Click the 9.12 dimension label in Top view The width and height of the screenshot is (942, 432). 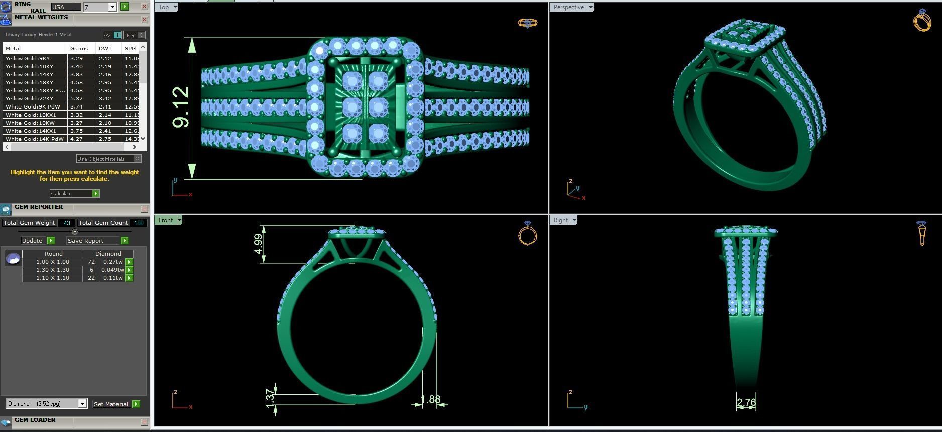tap(181, 107)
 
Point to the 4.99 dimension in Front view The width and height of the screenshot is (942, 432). tap(258, 244)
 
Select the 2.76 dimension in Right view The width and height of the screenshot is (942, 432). tap(746, 402)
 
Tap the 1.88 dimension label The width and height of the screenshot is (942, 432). tap(430, 400)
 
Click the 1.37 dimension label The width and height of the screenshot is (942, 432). tap(270, 397)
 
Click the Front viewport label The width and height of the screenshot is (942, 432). tap(165, 220)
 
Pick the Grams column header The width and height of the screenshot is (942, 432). tap(79, 48)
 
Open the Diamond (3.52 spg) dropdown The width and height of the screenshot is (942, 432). tap(47, 404)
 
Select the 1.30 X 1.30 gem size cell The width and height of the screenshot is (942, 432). tap(52, 270)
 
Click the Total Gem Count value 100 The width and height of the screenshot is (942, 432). tap(139, 223)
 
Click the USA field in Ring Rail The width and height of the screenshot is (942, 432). tap(65, 7)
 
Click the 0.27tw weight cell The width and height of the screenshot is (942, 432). tap(112, 262)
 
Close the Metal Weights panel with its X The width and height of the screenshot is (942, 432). tap(145, 20)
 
